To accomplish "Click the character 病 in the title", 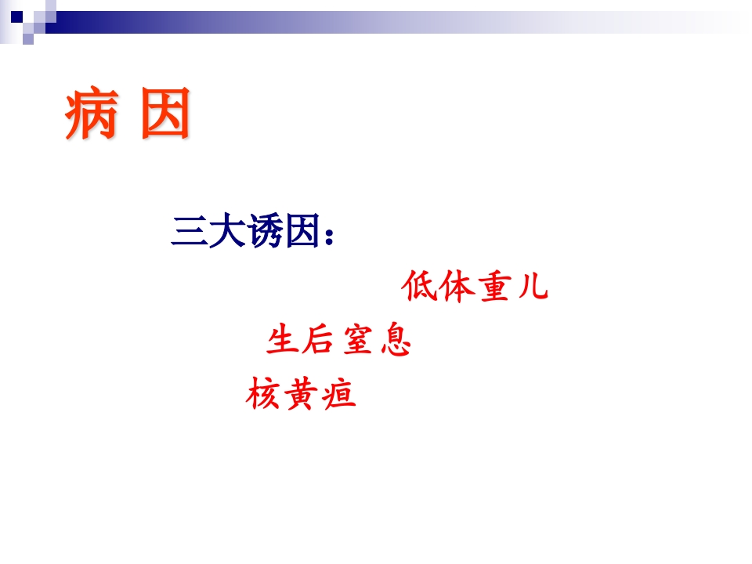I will (91, 116).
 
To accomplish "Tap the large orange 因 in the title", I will (166, 116).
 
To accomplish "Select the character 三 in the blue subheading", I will (189, 232).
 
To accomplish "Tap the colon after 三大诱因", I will (329, 235).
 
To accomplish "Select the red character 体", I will (455, 287).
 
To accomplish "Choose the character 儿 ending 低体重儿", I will (532, 287).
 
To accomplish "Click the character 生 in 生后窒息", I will (283, 341).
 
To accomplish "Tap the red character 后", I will (319, 341).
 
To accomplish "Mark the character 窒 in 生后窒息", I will (356, 341).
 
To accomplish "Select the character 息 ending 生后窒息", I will (396, 341).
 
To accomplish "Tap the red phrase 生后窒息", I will (338, 341).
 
